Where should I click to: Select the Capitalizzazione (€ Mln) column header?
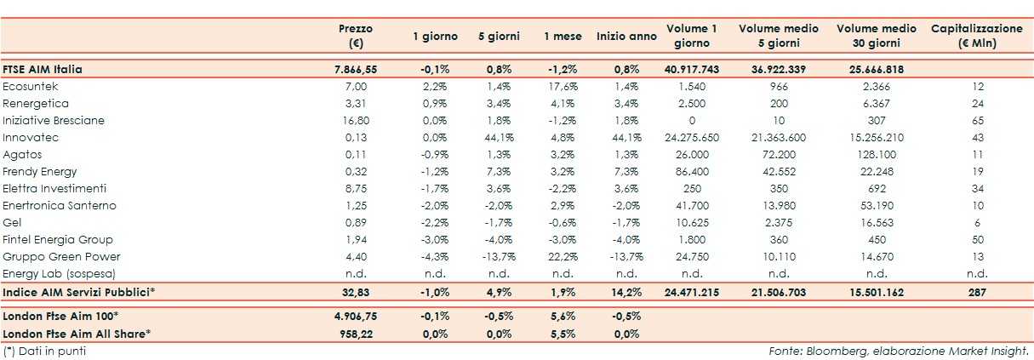[977, 36]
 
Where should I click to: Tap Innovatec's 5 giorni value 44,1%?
[498, 137]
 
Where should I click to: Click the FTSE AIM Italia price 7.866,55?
[355, 69]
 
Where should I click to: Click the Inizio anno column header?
[626, 37]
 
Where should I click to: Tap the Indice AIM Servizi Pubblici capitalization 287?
[977, 292]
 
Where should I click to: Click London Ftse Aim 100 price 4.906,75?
[355, 316]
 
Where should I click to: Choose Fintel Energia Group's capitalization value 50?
[977, 239]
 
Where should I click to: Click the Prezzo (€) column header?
[355, 36]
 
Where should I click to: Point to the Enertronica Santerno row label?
[60, 205]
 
